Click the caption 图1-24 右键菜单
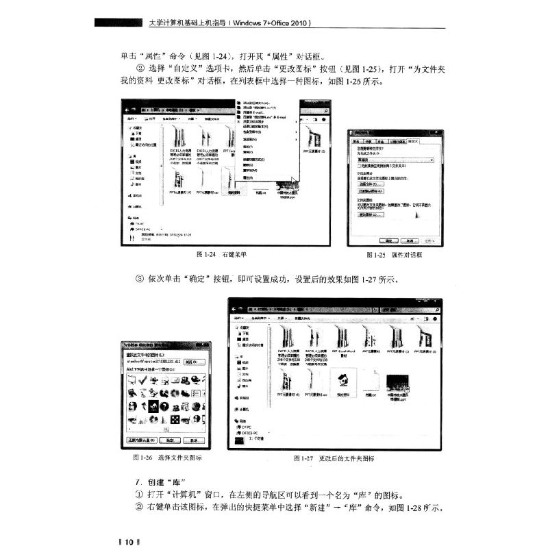(x=221, y=255)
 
